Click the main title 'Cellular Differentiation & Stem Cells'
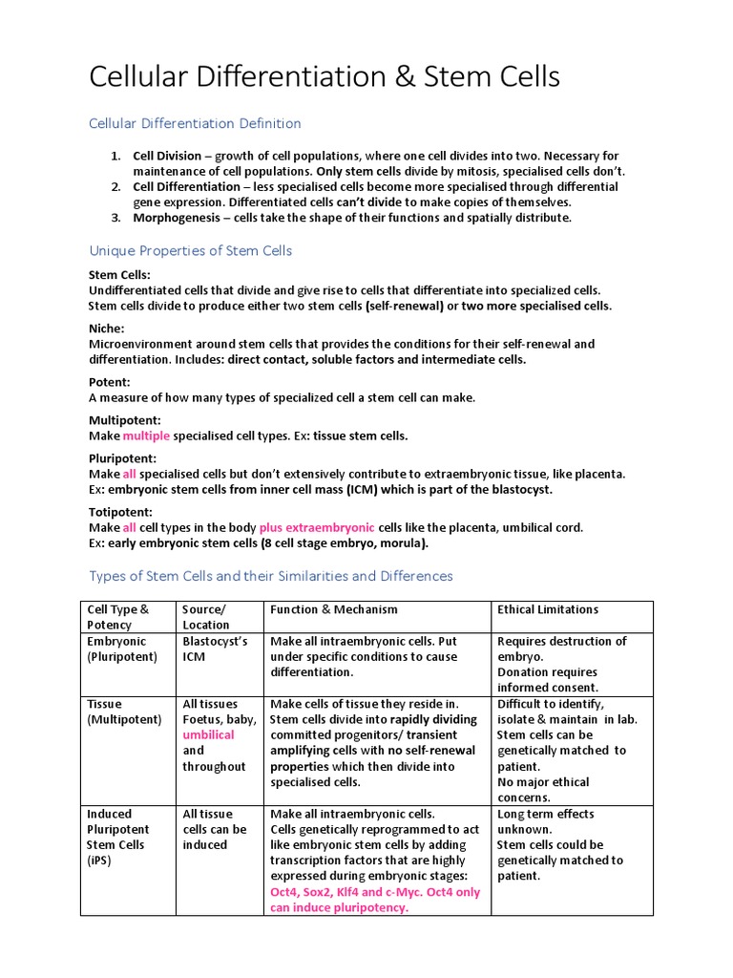[x=325, y=77]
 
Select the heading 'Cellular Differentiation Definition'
[x=195, y=123]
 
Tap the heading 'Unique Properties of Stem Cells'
[x=190, y=250]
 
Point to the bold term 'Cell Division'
[x=167, y=156]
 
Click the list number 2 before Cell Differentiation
[x=115, y=186]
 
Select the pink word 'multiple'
[x=146, y=436]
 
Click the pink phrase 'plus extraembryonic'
[x=317, y=527]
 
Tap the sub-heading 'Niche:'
[x=107, y=328]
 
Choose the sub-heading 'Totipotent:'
[x=120, y=512]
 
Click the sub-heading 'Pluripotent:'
[x=122, y=458]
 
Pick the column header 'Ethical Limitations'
[x=548, y=609]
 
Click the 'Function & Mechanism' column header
[x=334, y=609]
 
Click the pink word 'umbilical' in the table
[x=208, y=735]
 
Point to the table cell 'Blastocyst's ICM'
[x=215, y=649]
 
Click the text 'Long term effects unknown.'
[x=545, y=821]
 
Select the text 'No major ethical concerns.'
[x=543, y=790]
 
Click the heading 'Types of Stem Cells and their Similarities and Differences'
[x=271, y=576]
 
